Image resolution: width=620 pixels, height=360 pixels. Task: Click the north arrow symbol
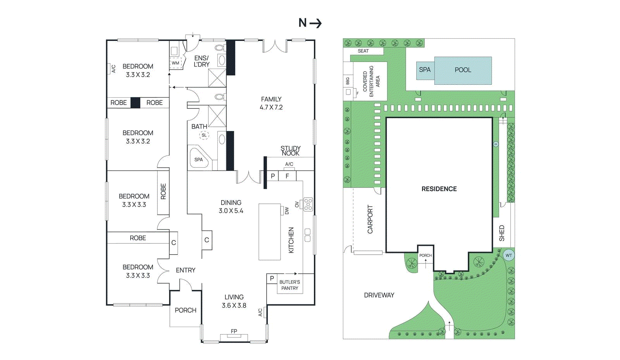[315, 23]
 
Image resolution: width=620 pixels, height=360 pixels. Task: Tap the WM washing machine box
[176, 63]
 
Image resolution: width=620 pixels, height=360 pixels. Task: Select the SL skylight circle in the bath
[204, 135]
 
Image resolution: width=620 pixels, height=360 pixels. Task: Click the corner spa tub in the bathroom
[199, 158]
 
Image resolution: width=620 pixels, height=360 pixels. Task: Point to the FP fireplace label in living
[234, 331]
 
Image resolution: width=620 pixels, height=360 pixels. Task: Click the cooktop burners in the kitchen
[308, 204]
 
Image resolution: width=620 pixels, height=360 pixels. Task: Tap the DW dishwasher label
[287, 211]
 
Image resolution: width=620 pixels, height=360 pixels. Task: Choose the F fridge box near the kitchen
[287, 176]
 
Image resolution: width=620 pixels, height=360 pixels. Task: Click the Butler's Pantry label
[289, 285]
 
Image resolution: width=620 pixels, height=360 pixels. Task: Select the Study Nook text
[290, 151]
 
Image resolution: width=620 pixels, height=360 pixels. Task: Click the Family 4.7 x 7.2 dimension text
[271, 107]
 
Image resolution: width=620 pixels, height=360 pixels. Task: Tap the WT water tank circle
[508, 255]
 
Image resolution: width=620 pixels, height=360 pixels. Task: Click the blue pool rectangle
[463, 71]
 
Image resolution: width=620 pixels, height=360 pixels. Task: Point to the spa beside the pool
[425, 70]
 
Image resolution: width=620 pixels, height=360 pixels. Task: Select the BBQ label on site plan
[348, 81]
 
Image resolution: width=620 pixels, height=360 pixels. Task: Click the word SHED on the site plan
[502, 233]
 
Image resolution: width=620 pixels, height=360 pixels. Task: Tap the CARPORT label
[370, 219]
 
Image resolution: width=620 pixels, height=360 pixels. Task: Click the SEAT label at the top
[363, 51]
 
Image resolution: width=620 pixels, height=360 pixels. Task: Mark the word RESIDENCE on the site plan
[439, 189]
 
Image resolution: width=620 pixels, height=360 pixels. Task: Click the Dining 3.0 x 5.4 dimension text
[231, 211]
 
